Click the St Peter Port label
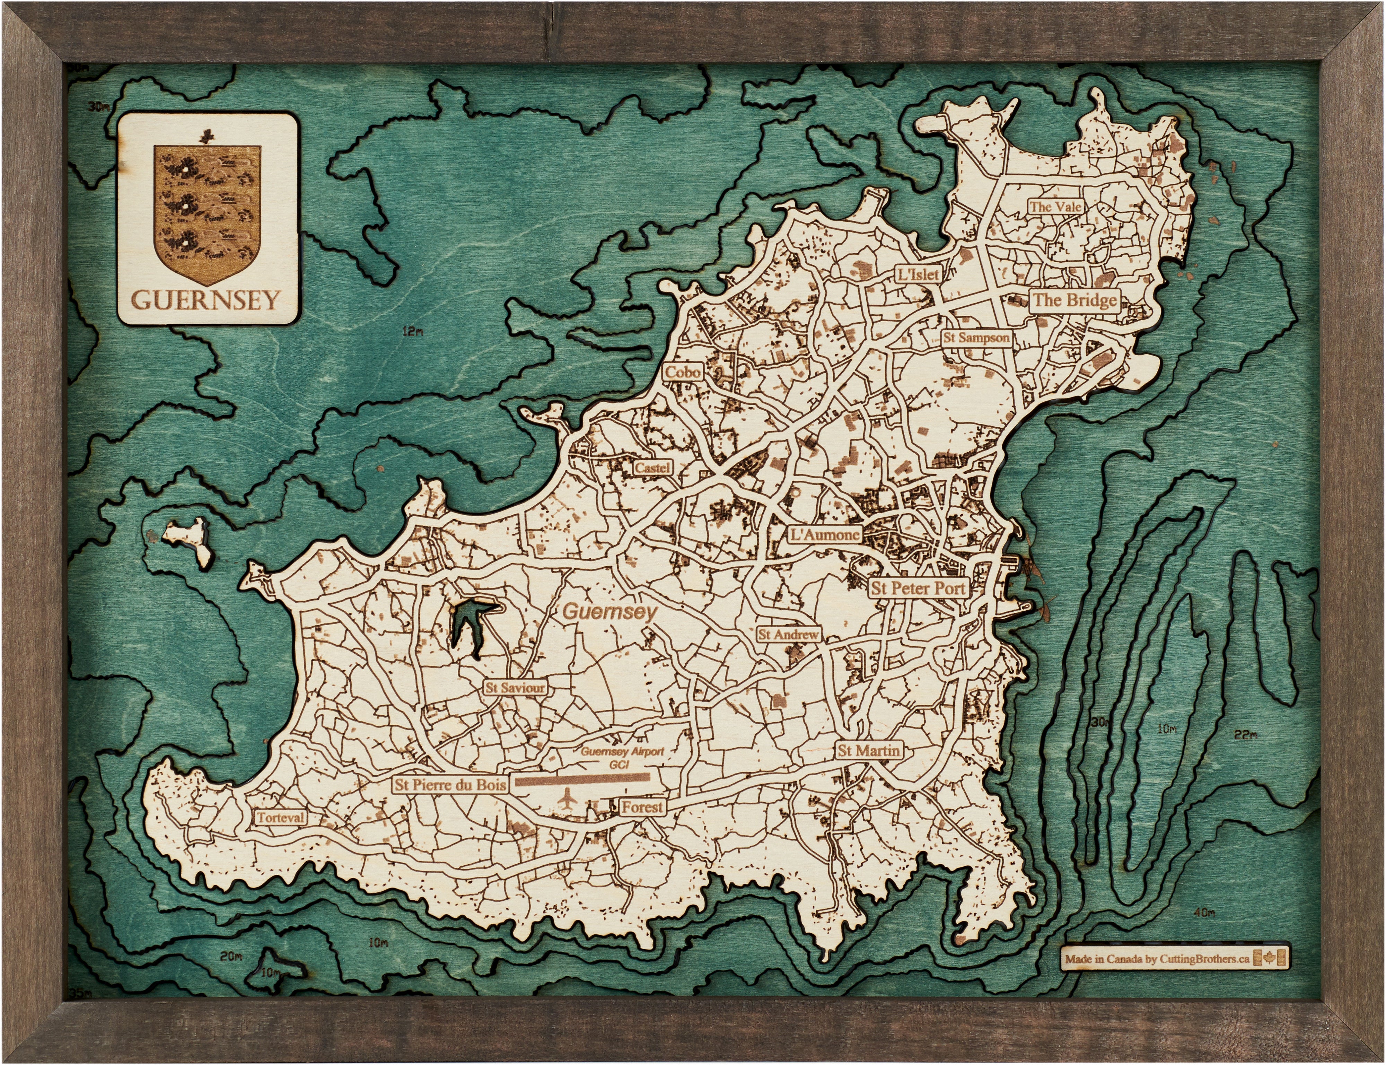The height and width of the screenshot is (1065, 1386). tap(918, 588)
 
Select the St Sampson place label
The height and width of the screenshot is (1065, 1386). tap(976, 338)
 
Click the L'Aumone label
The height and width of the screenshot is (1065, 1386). tap(825, 534)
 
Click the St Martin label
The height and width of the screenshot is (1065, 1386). tap(868, 751)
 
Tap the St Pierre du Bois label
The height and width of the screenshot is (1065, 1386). tap(450, 785)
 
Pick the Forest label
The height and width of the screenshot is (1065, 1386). tap(642, 807)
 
